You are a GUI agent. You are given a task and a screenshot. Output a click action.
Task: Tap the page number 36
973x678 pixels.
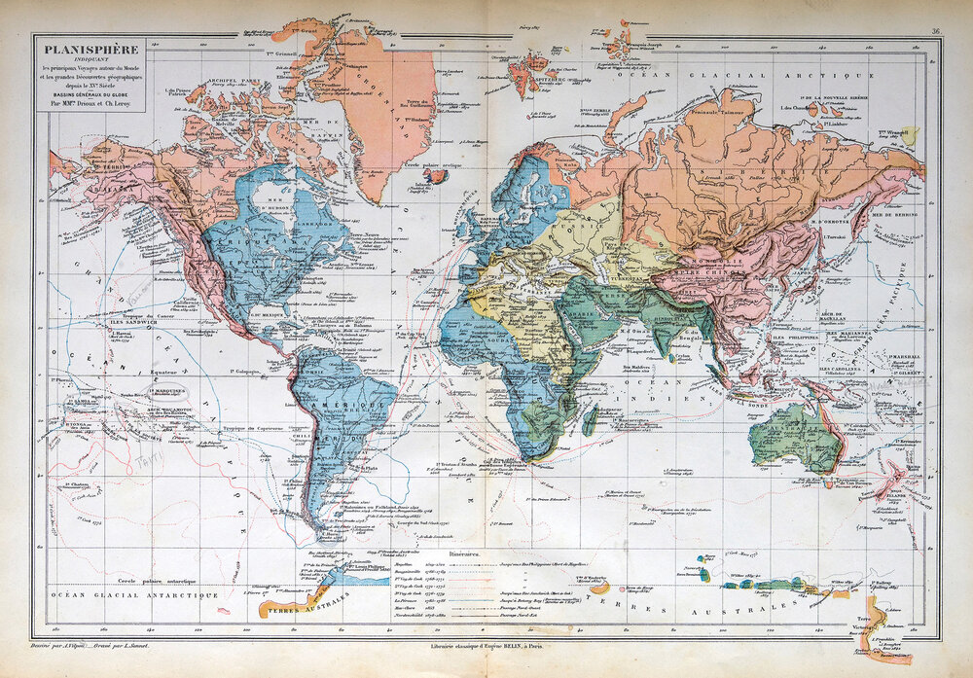935,31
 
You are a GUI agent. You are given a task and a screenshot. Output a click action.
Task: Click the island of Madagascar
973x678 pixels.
590,420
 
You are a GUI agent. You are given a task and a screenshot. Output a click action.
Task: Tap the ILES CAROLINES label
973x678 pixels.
845,370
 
